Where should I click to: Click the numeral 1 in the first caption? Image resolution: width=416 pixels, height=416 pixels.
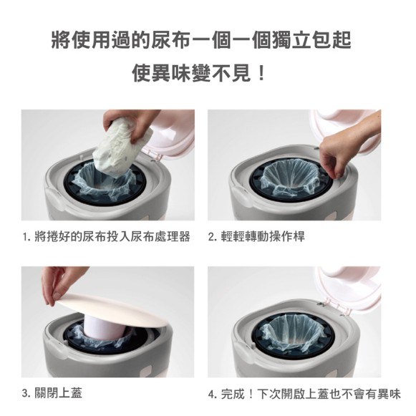(x=25, y=237)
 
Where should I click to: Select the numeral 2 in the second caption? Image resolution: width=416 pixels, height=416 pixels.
(x=211, y=237)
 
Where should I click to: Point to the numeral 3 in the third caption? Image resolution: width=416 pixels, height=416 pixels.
(x=25, y=393)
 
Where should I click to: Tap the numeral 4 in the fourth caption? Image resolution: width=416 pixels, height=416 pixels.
(x=212, y=394)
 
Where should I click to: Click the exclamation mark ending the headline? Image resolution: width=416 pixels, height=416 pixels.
(x=261, y=73)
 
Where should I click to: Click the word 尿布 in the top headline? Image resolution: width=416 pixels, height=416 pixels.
(x=170, y=40)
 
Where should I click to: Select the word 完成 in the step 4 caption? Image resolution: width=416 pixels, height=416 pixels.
(x=233, y=394)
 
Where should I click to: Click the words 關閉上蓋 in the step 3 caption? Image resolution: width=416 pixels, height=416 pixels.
(x=59, y=393)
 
